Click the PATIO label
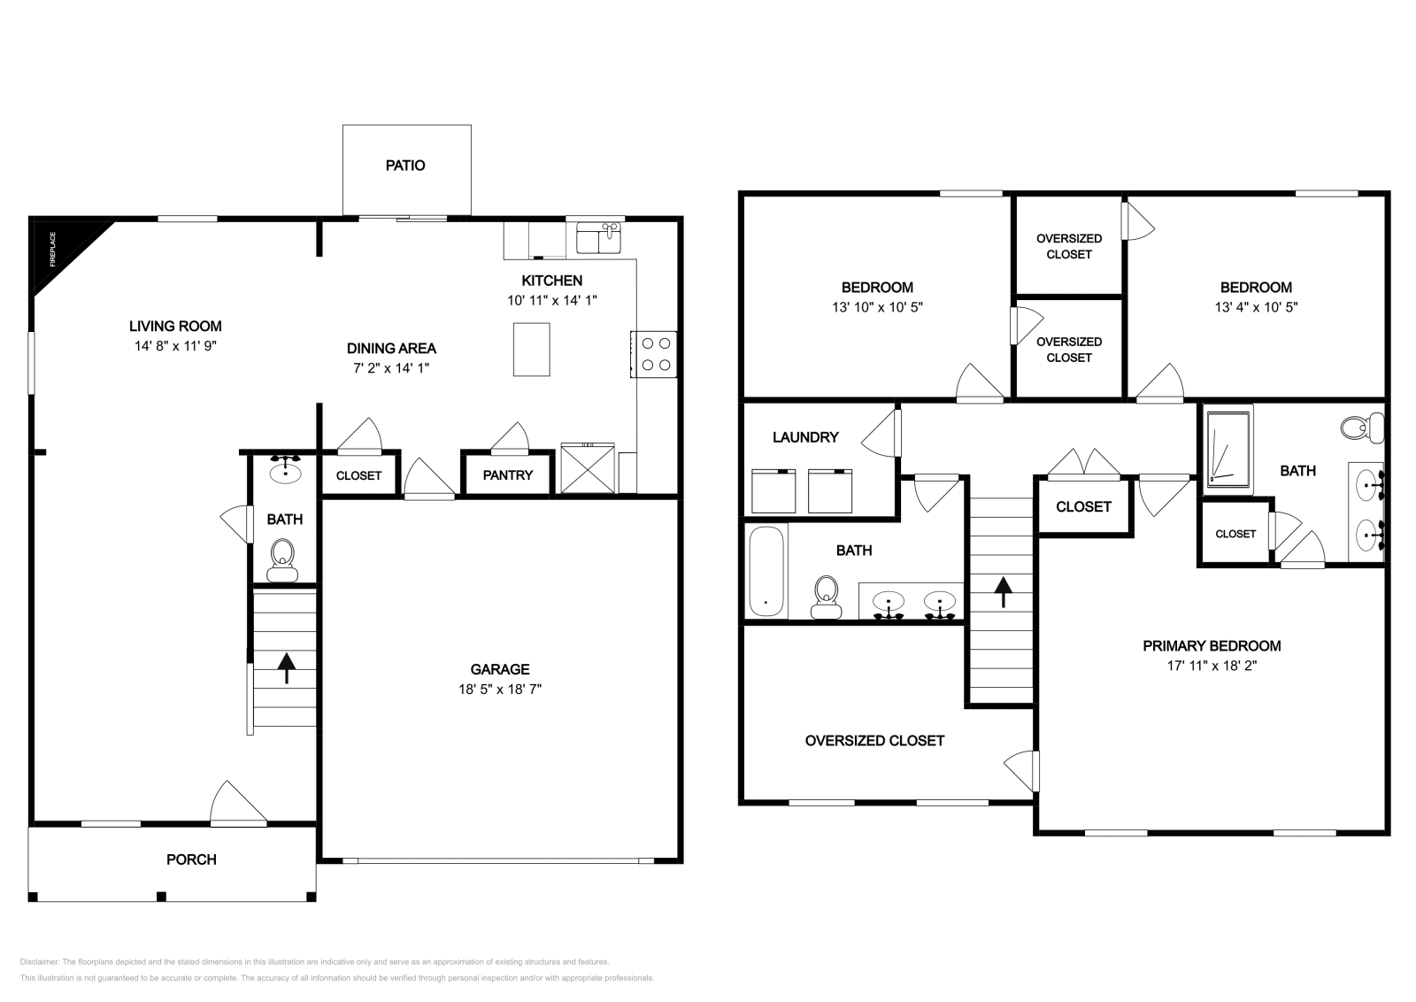tap(405, 166)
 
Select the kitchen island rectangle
tap(531, 350)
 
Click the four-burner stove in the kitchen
tap(655, 354)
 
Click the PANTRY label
tap(508, 475)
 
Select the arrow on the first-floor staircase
tap(286, 668)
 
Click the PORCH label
tap(191, 859)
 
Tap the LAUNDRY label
tap(805, 437)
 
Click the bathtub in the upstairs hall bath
tap(766, 572)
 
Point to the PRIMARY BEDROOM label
tap(1212, 646)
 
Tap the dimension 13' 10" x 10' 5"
tap(877, 307)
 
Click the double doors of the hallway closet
tap(1084, 464)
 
